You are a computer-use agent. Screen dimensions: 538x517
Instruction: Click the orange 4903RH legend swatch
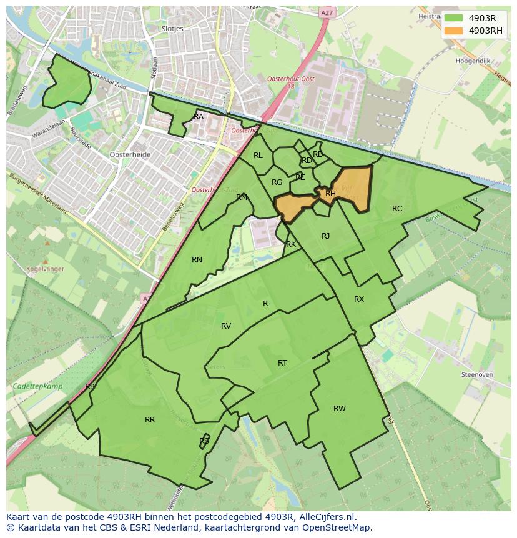454,31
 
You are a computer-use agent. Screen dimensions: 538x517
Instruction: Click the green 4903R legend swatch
454,18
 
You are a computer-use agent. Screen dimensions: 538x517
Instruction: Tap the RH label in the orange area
330,194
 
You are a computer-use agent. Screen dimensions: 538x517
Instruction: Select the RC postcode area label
397,209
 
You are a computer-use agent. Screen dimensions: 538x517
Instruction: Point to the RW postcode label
339,409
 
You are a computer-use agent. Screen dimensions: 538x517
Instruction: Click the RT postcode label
282,363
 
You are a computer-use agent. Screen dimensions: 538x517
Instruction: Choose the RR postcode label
150,420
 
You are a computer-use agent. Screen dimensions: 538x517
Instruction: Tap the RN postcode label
197,260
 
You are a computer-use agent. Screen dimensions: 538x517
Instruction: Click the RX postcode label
358,299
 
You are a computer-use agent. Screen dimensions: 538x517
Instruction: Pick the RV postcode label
226,326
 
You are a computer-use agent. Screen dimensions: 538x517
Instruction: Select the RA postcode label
199,117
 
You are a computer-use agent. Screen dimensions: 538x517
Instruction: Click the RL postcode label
258,156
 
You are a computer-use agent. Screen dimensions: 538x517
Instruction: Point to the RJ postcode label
325,236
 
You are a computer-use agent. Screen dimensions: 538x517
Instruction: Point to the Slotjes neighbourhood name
172,29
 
